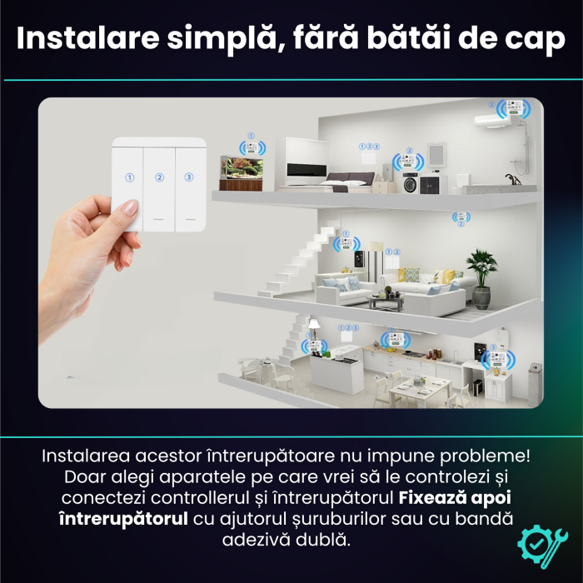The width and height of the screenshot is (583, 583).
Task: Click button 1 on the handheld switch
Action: [129, 177]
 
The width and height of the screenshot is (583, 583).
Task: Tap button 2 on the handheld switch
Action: [159, 177]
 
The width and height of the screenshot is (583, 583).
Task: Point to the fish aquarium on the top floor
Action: [241, 168]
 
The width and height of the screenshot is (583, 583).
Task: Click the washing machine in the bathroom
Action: [410, 183]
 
